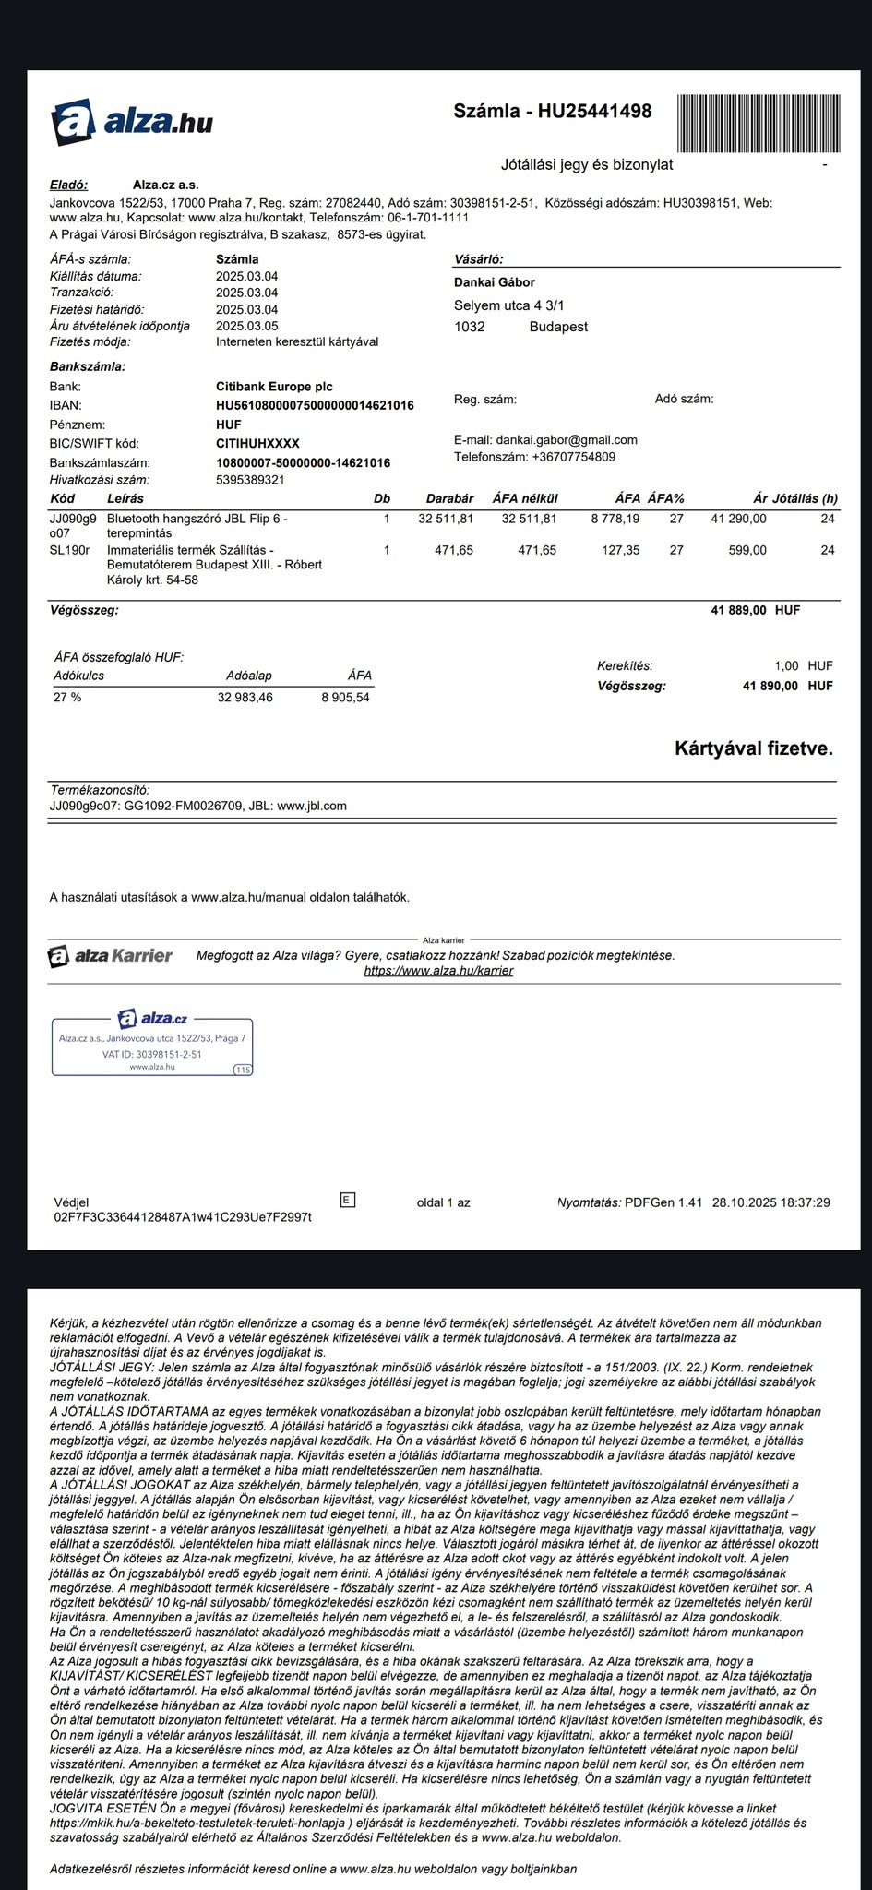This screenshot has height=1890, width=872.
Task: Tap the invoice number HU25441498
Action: click(x=594, y=112)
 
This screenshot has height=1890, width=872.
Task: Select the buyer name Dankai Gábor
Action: click(x=494, y=282)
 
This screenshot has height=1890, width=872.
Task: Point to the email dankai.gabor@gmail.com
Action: click(x=566, y=440)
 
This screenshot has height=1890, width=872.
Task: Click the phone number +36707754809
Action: click(x=573, y=457)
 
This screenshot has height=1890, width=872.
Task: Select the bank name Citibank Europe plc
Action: click(x=274, y=387)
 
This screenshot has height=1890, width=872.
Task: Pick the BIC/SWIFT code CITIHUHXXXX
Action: click(x=257, y=444)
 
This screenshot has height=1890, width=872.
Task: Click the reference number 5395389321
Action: click(x=250, y=480)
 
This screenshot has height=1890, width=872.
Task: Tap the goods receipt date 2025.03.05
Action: click(x=246, y=326)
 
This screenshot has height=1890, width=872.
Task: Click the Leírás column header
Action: click(x=125, y=498)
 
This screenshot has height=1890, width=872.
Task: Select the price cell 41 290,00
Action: click(x=738, y=519)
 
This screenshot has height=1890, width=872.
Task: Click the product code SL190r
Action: click(x=69, y=550)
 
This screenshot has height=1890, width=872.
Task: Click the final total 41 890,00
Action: click(x=770, y=686)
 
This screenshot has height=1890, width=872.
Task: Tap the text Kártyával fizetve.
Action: click(x=753, y=748)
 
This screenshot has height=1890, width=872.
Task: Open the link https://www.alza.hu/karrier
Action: click(x=438, y=971)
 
